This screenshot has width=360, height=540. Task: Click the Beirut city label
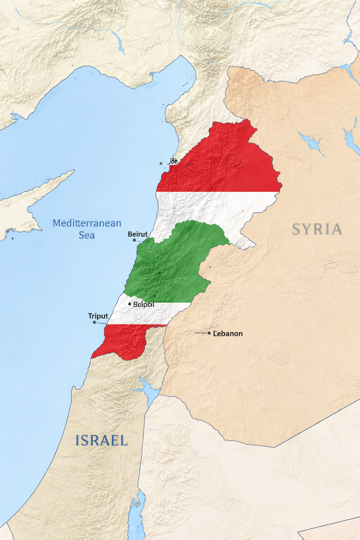tap(137, 234)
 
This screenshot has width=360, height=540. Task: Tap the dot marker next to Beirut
tap(134, 240)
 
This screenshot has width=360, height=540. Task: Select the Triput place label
tap(98, 316)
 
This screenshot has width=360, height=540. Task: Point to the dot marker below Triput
tap(94, 322)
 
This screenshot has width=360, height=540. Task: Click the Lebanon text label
tap(228, 333)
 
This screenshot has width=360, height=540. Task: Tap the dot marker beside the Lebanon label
tap(209, 333)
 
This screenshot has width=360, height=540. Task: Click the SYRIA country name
tap(317, 229)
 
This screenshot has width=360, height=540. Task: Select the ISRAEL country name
tap(102, 441)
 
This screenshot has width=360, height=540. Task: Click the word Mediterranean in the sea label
tap(87, 223)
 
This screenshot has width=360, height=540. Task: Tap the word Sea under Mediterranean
tap(86, 235)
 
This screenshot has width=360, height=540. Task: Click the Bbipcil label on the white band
tap(144, 304)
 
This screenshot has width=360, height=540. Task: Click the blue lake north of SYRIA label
tap(311, 142)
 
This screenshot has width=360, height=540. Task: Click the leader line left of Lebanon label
tap(201, 333)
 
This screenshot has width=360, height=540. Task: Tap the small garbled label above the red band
tap(173, 161)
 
